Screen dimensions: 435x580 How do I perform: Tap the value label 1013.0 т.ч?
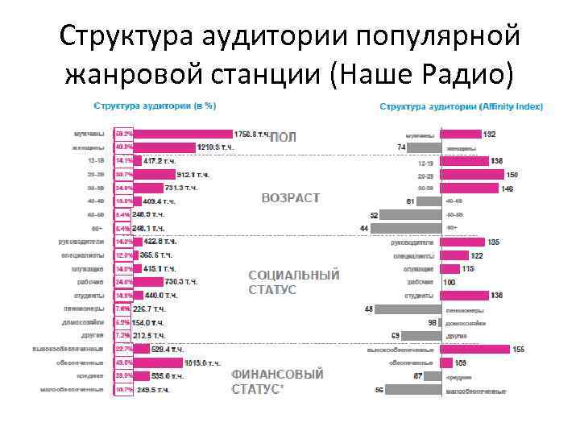click(x=201, y=363)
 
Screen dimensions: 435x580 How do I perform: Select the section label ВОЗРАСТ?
click(x=291, y=197)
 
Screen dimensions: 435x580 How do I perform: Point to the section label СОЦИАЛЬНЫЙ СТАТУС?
click(x=293, y=282)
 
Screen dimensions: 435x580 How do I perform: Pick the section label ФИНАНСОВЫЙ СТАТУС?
click(x=277, y=382)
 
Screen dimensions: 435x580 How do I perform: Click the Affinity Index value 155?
click(x=518, y=350)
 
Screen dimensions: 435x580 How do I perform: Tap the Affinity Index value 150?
click(x=512, y=175)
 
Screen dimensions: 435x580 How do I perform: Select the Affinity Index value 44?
click(x=365, y=229)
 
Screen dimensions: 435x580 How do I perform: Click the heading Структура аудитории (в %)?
click(x=156, y=106)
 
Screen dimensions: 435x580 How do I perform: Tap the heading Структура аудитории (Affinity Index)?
click(x=462, y=106)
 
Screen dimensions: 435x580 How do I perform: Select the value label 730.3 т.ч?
click(x=181, y=282)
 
